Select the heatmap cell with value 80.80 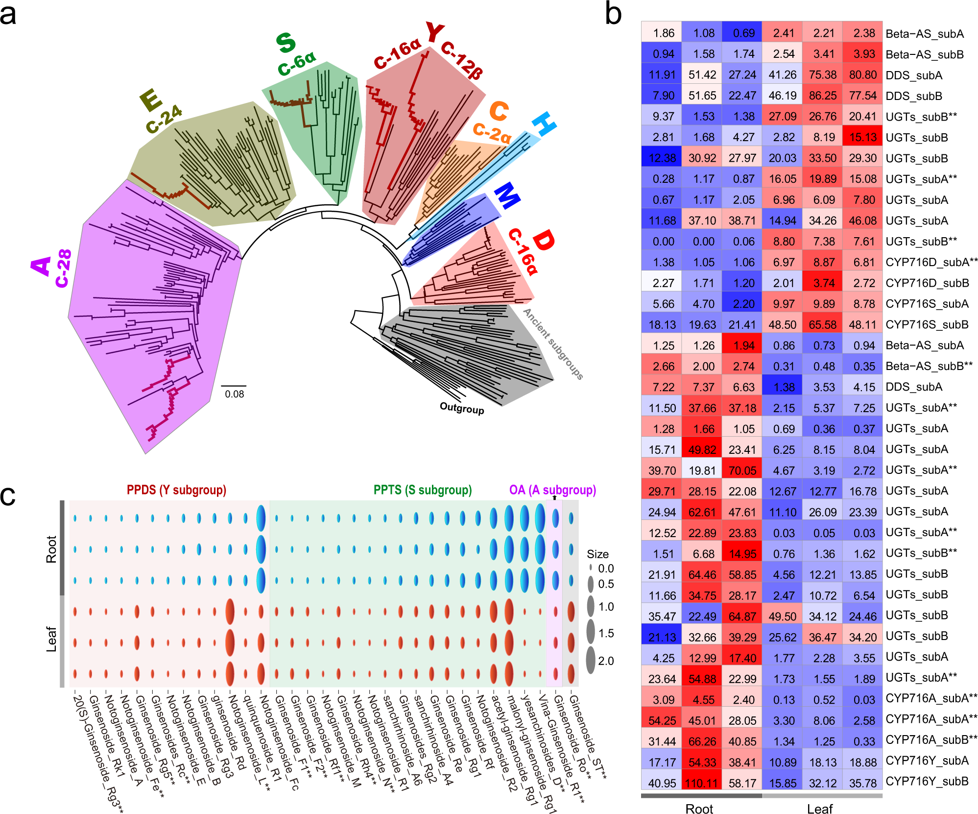pos(862,75)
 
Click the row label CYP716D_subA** pos(931,262)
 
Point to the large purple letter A pos(41,266)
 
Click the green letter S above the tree pos(286,43)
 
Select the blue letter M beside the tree pos(506,195)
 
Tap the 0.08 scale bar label pos(235,394)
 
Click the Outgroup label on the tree pos(461,408)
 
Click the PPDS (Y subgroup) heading pos(176,490)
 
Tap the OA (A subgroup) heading pos(552,490)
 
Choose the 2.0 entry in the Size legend pos(605,661)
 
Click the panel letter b pos(613,14)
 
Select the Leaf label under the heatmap pos(819,809)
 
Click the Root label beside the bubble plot pos(51,548)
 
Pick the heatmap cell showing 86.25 pos(822,96)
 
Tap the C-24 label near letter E pos(164,119)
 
